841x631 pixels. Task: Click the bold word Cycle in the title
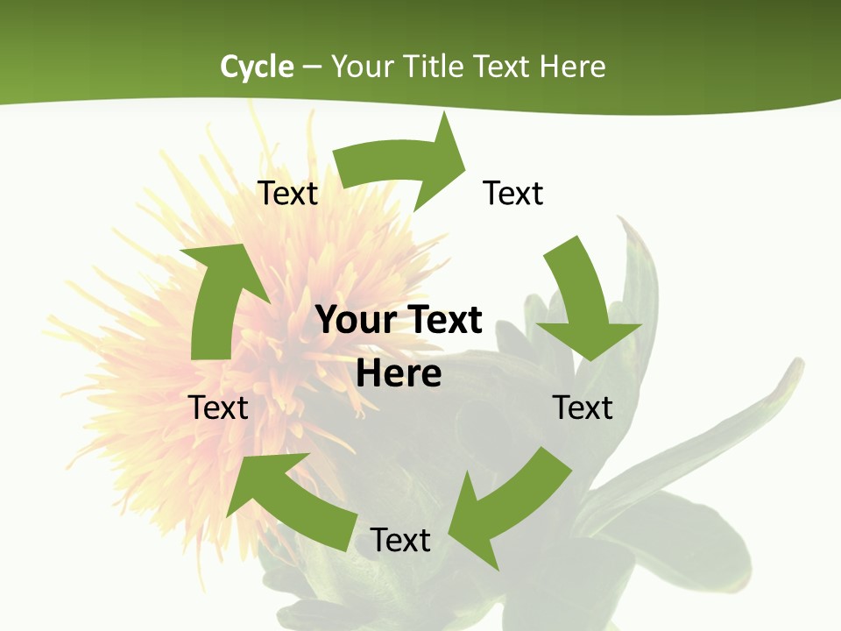click(257, 67)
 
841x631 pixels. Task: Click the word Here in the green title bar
click(572, 67)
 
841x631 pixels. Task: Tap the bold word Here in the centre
click(399, 373)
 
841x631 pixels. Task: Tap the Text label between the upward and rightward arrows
click(287, 193)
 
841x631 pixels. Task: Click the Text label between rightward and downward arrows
click(513, 193)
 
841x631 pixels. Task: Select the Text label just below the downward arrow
click(583, 408)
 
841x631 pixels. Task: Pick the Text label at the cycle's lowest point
click(400, 540)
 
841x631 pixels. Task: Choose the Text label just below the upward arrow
click(219, 408)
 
